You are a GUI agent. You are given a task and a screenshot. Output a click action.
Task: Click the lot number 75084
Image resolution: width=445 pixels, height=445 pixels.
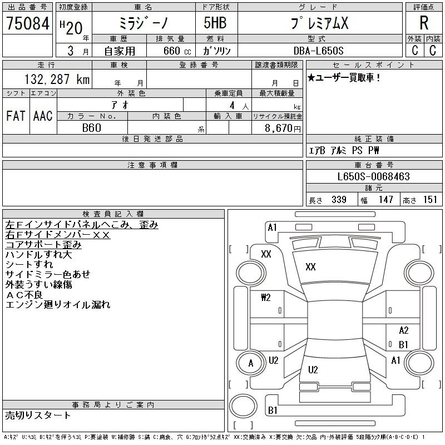[28, 23]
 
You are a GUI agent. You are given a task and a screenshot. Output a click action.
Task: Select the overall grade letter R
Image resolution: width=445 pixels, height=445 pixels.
[424, 23]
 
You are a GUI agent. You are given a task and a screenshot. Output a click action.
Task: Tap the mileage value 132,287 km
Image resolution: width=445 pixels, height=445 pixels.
[57, 79]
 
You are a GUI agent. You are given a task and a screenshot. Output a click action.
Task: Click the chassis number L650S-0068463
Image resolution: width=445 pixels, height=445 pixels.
[373, 176]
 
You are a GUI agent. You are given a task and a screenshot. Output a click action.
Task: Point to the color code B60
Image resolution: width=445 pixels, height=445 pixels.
[92, 128]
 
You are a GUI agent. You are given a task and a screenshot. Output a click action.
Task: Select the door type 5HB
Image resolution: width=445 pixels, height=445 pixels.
[215, 23]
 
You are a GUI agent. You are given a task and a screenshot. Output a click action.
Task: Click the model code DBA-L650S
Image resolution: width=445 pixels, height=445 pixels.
[318, 51]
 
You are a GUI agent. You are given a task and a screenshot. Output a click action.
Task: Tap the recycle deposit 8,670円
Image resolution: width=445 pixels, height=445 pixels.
[283, 128]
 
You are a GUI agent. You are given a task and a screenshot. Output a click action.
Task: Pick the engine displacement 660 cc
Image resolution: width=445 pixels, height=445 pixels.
[177, 51]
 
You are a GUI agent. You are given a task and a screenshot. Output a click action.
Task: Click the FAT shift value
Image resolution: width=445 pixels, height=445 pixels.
[16, 116]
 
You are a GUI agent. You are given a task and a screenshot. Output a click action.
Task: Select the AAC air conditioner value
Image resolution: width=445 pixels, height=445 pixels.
[43, 116]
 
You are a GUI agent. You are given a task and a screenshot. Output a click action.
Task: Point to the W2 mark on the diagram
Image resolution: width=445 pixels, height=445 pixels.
[266, 298]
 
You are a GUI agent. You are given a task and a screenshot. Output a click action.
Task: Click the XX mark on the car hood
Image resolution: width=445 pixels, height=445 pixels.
[310, 267]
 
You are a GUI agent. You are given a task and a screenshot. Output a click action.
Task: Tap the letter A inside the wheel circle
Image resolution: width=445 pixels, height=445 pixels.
[251, 363]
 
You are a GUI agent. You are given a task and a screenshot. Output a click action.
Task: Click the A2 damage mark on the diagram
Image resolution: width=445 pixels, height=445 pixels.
[404, 330]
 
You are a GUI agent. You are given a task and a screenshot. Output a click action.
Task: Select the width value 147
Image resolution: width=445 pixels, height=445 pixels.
[385, 200]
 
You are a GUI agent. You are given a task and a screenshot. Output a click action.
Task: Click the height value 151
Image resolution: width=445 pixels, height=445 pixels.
[430, 200]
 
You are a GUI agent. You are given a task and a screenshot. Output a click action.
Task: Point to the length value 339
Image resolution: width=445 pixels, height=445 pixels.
[339, 200]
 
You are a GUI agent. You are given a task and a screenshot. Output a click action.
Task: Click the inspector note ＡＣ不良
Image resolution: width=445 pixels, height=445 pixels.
[24, 295]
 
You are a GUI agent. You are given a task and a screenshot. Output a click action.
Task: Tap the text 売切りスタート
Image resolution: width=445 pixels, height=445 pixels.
[38, 416]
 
